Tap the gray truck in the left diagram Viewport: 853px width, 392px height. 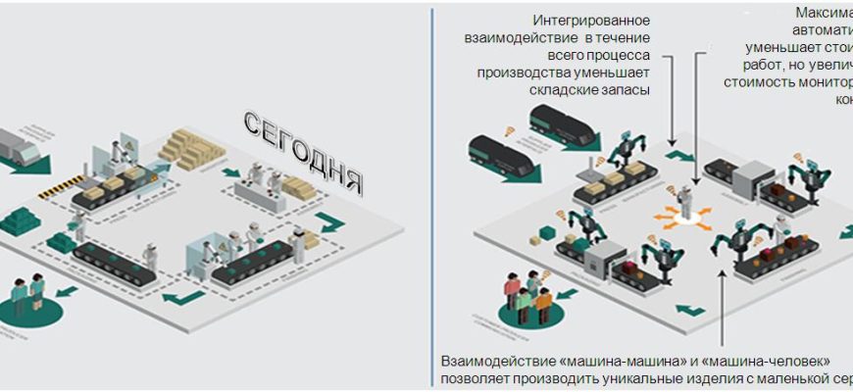pos(20,146)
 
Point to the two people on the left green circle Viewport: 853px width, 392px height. pos(26,291)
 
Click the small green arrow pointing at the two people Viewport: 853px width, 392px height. pos(67,292)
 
